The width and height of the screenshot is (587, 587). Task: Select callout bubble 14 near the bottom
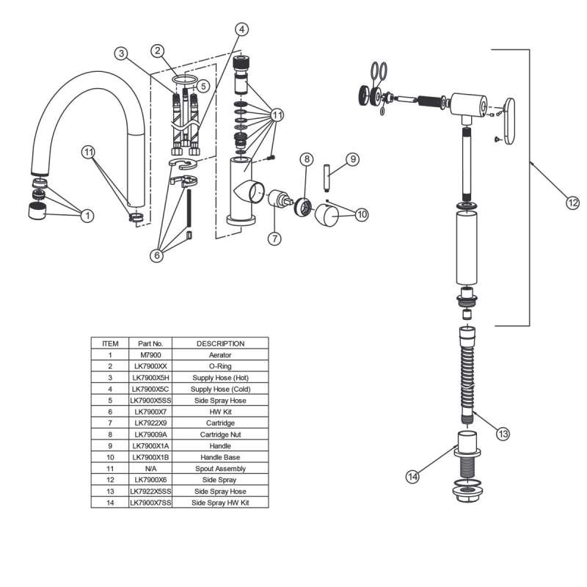(412, 477)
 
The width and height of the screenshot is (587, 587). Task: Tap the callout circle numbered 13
(503, 434)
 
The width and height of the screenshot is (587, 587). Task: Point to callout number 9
(352, 158)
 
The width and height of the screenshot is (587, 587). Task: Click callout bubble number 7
(275, 238)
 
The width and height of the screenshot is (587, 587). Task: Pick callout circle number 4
(241, 29)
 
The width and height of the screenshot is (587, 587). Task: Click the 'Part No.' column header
(150, 343)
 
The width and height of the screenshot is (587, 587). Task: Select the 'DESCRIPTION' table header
(220, 343)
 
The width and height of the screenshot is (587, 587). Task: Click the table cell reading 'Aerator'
(220, 355)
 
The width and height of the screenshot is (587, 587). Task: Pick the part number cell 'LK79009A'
(150, 434)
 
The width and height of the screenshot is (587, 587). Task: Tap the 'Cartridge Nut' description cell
(220, 434)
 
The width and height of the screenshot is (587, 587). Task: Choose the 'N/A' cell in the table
(150, 468)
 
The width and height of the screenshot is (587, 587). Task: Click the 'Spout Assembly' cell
(220, 468)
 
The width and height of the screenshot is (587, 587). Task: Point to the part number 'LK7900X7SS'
(150, 503)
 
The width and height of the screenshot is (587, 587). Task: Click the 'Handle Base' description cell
(220, 457)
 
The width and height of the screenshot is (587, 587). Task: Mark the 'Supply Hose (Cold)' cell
(220, 389)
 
